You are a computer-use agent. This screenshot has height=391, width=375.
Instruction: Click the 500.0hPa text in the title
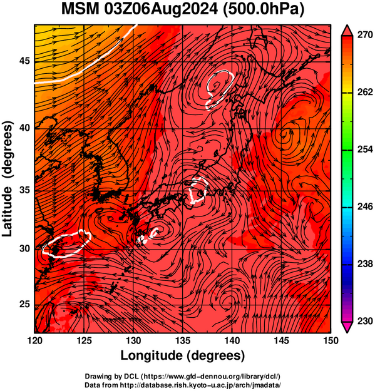tap(263, 9)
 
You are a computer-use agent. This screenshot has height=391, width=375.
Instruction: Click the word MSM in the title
tap(81, 9)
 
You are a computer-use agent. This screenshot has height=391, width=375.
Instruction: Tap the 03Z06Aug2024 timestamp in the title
tap(161, 10)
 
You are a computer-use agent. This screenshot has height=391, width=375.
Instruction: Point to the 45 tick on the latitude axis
tap(24, 61)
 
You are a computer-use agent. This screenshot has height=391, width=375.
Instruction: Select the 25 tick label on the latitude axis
tap(24, 305)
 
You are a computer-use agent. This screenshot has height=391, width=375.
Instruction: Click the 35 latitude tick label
tap(24, 191)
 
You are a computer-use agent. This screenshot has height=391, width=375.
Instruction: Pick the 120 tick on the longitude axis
tap(34, 340)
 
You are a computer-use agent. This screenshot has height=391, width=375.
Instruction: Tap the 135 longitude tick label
tap(183, 340)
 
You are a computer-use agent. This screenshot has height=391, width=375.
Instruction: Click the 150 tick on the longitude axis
tap(331, 340)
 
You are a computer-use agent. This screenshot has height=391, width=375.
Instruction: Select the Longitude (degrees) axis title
tap(183, 355)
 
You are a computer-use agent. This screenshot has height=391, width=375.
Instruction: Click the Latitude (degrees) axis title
tap(8, 179)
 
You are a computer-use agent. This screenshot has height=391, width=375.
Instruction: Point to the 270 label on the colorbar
tap(365, 35)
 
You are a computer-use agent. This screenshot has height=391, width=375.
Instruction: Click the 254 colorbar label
tap(365, 150)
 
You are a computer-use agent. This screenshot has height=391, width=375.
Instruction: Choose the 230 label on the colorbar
tap(365, 321)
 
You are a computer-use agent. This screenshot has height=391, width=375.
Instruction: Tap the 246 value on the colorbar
tap(365, 206)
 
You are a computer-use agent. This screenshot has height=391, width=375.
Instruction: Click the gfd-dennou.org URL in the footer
tap(211, 376)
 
